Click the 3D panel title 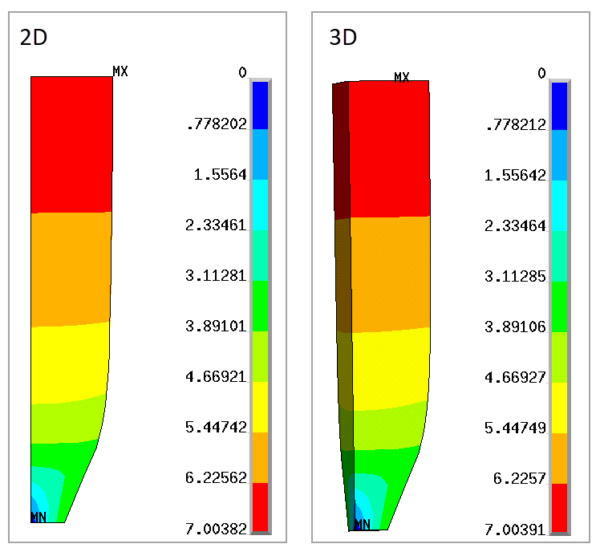[343, 38]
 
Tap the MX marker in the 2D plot [120, 71]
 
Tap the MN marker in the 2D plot [38, 517]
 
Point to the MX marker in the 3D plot [402, 77]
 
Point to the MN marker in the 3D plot [362, 525]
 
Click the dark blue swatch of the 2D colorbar [260, 105]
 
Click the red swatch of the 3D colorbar [559, 508]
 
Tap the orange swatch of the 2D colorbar [260, 457]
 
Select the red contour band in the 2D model [71, 144]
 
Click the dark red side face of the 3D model [340, 152]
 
